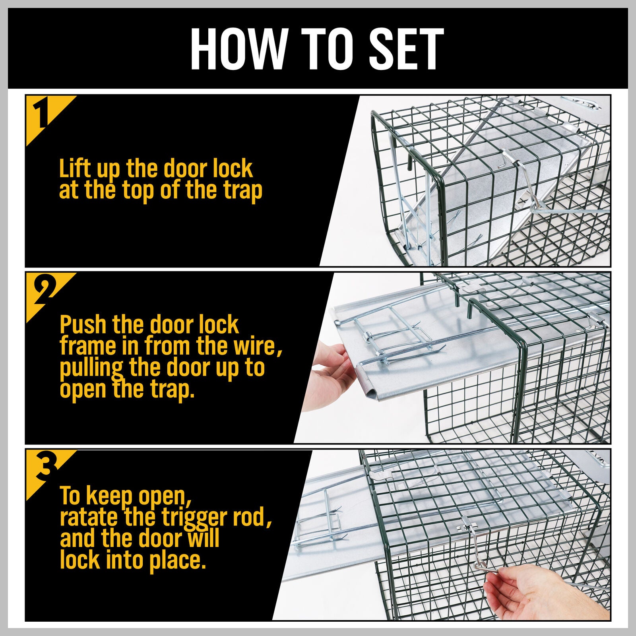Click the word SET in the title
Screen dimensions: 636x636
click(406, 49)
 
